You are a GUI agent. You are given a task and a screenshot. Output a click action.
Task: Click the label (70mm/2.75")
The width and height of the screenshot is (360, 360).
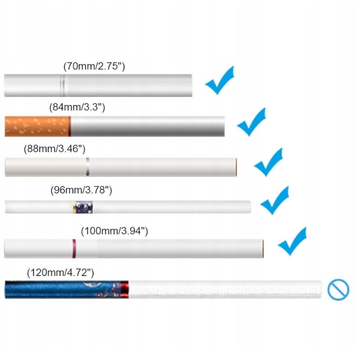click(x=94, y=67)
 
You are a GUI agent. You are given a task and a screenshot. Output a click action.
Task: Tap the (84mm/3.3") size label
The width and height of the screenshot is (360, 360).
click(x=77, y=107)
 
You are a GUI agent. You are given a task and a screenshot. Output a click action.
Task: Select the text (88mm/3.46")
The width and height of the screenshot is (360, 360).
click(x=54, y=149)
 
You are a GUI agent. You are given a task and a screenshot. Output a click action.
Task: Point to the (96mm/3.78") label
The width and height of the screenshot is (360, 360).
click(x=81, y=190)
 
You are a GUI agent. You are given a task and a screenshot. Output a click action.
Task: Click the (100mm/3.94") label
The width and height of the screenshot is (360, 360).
click(x=114, y=231)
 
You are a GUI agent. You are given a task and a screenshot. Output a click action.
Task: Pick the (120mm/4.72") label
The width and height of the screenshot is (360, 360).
click(x=60, y=273)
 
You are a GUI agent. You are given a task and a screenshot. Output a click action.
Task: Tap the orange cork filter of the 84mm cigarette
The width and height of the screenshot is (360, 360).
click(x=37, y=126)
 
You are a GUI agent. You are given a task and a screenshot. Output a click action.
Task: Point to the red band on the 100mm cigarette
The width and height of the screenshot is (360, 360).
click(x=74, y=248)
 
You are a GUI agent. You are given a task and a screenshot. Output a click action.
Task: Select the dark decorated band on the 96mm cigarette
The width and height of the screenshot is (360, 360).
click(x=83, y=207)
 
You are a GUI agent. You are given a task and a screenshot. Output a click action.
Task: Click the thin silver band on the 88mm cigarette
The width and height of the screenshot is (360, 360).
click(x=87, y=167)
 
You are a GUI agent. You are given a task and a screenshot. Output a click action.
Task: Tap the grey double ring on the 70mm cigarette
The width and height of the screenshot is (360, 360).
click(x=62, y=85)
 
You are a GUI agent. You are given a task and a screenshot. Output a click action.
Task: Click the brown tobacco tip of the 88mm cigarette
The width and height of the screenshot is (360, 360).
click(x=236, y=167)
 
